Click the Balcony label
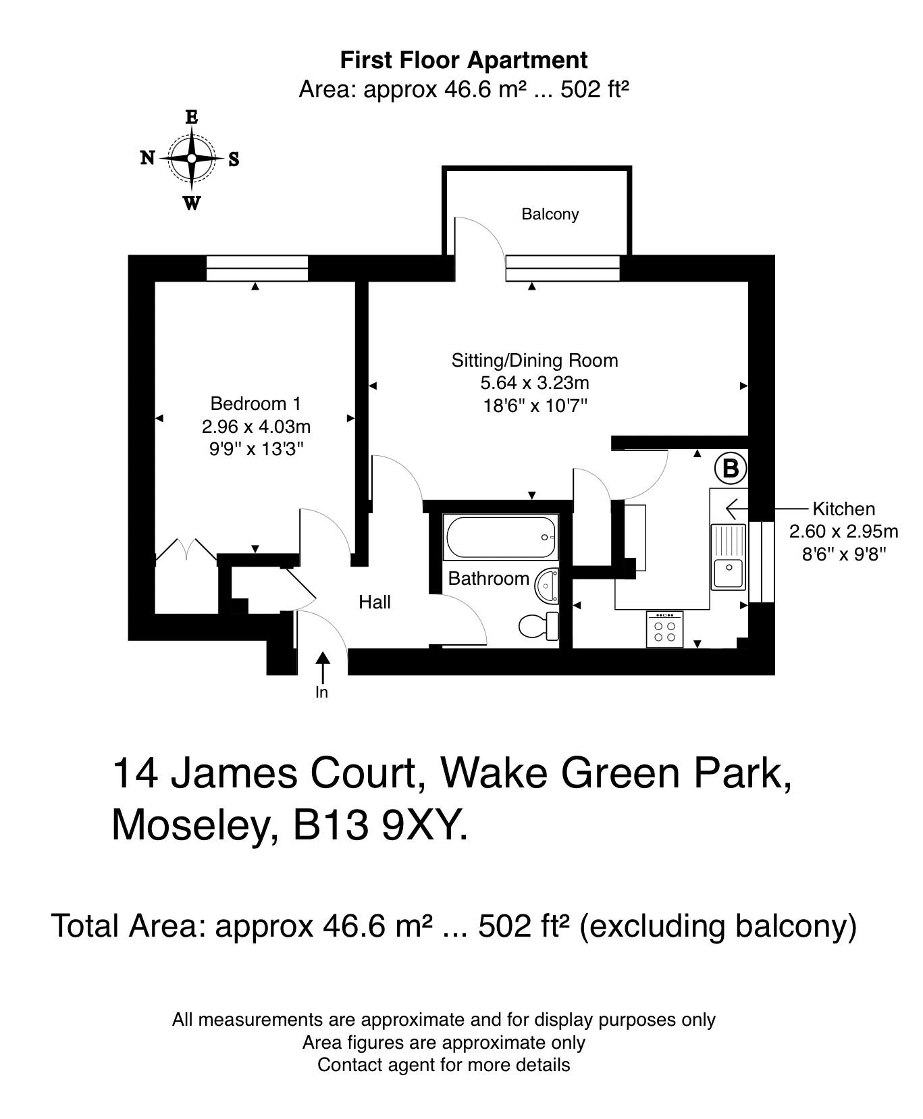550,214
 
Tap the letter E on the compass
192,117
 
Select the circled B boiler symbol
731,468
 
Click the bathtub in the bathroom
500,538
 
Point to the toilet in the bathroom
538,626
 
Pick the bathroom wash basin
546,585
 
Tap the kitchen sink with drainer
728,556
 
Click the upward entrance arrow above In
323,666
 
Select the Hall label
374,602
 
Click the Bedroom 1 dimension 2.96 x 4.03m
256,427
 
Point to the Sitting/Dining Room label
535,360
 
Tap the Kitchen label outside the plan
843,509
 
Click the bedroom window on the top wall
257,268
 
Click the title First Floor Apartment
463,60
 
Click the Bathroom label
488,579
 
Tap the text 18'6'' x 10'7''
535,406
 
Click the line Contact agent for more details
444,1065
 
